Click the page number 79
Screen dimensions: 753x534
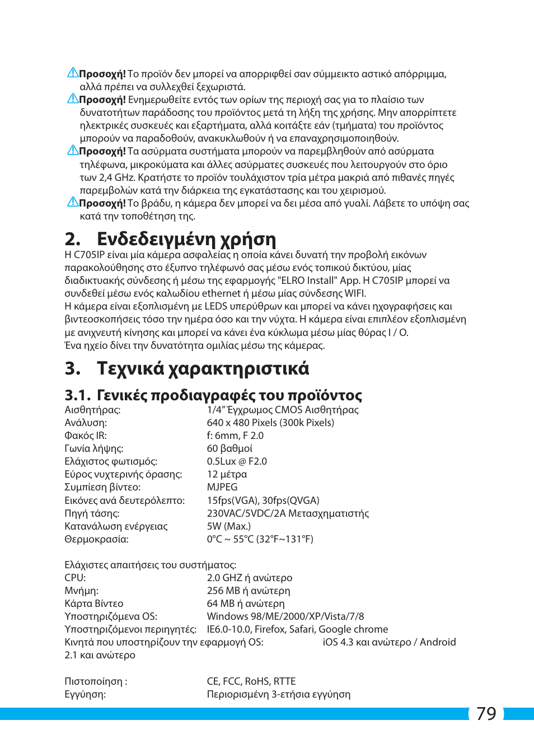[x=486, y=714]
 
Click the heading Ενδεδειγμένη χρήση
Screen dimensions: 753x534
[x=186, y=239]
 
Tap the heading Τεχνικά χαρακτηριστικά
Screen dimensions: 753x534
[x=202, y=368]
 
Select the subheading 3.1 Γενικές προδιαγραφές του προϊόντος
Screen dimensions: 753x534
[x=213, y=395]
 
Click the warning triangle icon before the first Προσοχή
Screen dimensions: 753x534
[x=73, y=73]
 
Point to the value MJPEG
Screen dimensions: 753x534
[x=222, y=487]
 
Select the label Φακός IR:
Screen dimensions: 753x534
[x=86, y=436]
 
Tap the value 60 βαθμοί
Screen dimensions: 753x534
[x=229, y=448]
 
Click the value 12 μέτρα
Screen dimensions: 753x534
[x=227, y=474]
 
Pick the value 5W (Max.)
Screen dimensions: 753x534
[x=228, y=526]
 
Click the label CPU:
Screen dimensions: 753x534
[x=75, y=578]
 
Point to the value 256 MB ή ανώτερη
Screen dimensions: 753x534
[x=249, y=591]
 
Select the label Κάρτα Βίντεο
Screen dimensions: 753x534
[x=94, y=604]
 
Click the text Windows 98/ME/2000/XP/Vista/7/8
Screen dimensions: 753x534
[x=285, y=616]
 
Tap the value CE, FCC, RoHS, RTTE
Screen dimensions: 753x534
[x=251, y=681]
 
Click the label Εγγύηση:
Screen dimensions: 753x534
[x=85, y=694]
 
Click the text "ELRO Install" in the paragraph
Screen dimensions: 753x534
[x=306, y=280]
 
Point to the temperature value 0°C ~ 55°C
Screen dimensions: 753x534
[x=230, y=539]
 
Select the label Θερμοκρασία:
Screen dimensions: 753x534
[x=96, y=539]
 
